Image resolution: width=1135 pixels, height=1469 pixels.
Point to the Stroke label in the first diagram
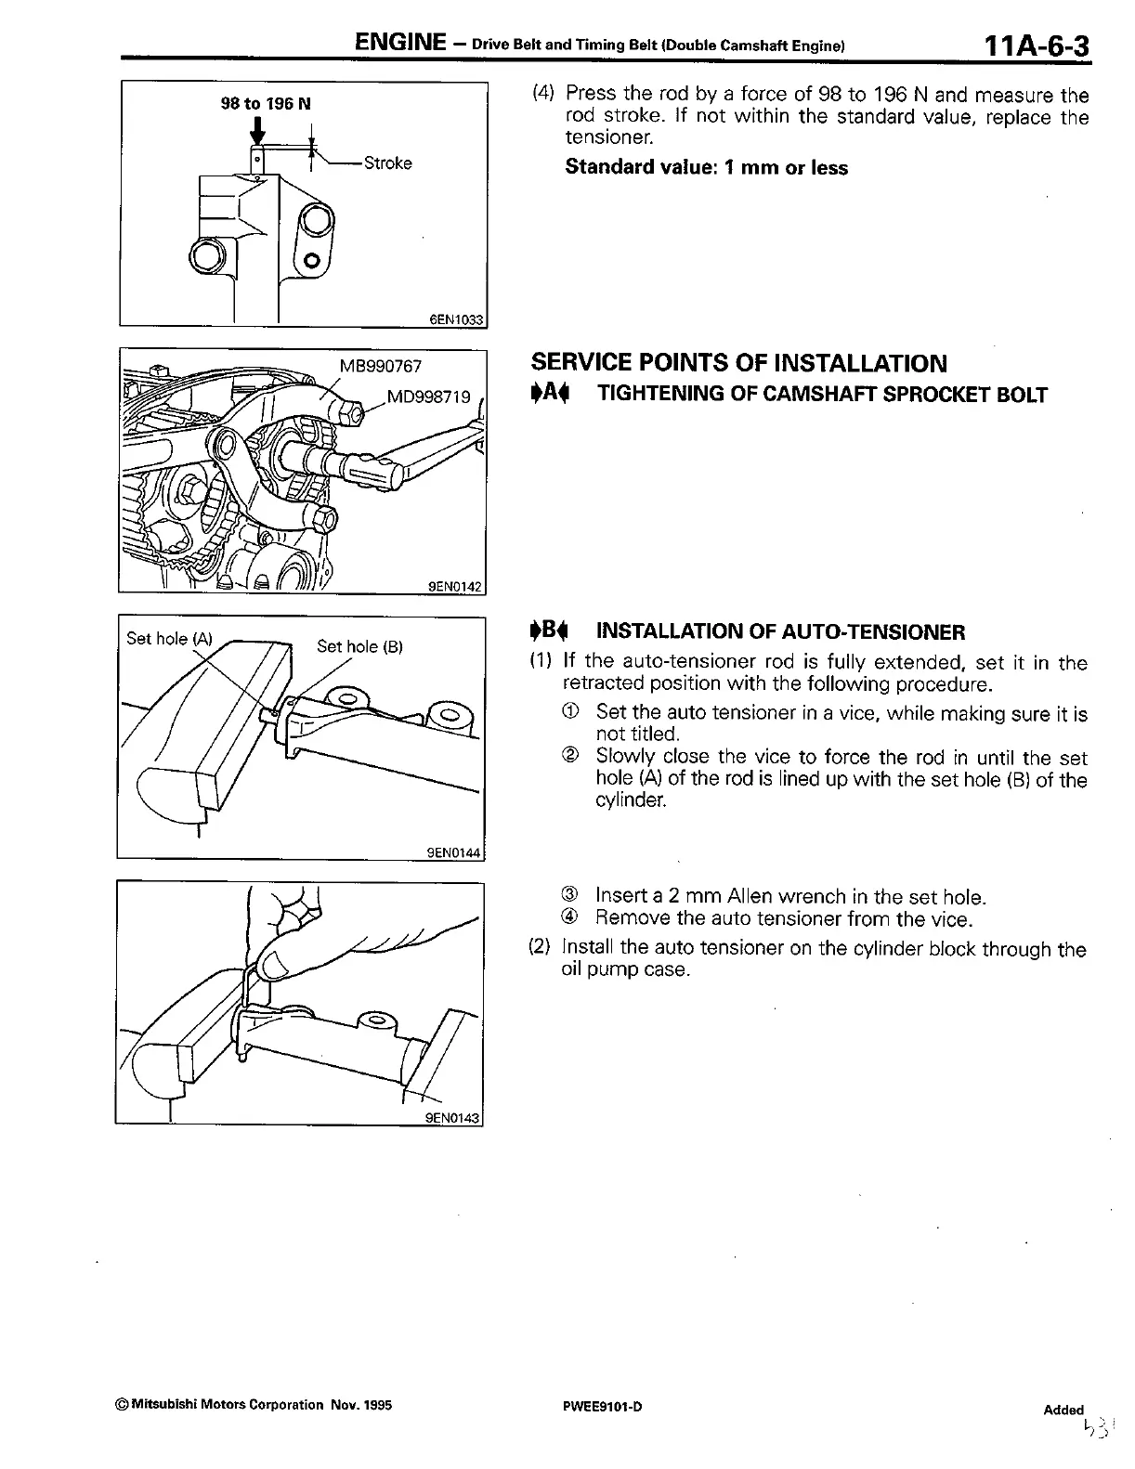[387, 163]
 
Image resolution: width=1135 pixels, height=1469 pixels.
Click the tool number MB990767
[381, 366]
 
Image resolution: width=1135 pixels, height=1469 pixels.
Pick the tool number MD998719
[428, 397]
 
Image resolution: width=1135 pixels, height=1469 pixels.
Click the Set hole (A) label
[169, 638]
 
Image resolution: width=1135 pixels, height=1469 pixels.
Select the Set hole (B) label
[359, 645]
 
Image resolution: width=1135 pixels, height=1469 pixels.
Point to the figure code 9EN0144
[454, 851]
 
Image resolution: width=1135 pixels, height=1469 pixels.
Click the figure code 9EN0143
[452, 1118]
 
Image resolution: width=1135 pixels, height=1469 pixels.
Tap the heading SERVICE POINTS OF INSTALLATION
[738, 363]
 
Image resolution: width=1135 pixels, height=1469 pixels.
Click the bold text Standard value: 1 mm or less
[706, 168]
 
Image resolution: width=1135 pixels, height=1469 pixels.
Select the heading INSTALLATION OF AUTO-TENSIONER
[780, 632]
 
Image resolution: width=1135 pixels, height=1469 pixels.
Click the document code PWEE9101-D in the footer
[595, 1406]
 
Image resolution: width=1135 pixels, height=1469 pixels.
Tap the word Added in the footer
[1063, 1410]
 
